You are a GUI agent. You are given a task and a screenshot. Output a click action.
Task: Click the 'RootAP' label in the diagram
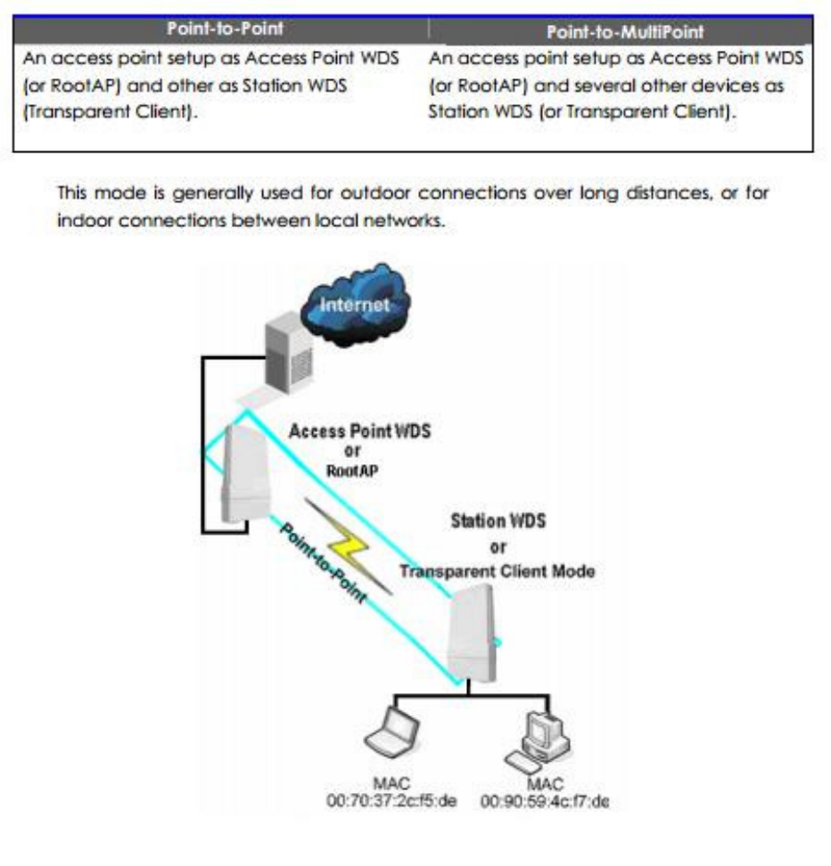coord(355,471)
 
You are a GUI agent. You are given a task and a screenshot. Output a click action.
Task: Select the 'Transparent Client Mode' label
coord(497,571)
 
